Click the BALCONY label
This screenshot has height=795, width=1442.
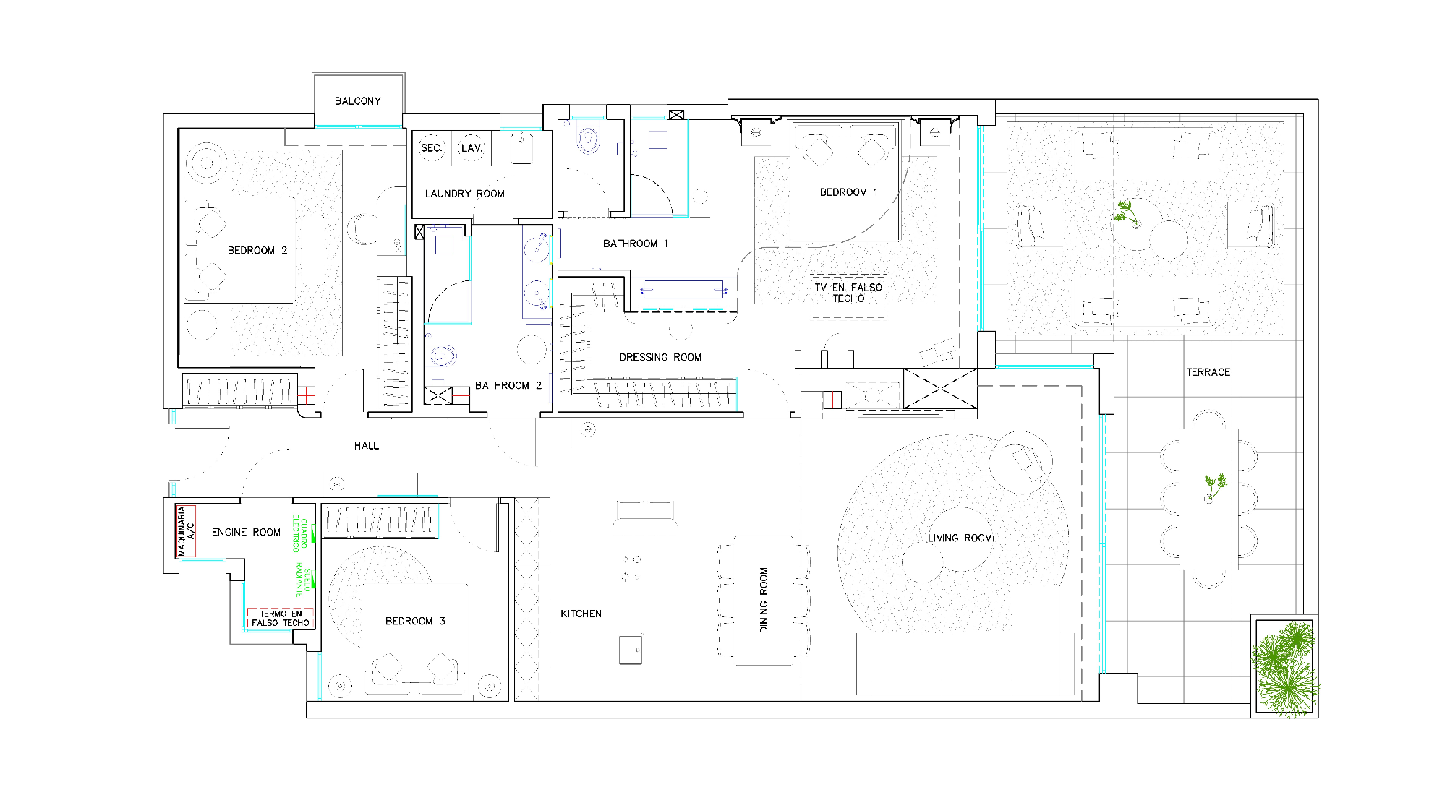357,101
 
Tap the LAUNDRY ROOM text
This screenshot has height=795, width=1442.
464,194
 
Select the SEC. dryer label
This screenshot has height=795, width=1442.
431,148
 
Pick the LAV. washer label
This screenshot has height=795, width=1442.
472,148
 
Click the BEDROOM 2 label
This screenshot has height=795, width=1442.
257,251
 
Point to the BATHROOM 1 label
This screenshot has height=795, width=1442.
636,244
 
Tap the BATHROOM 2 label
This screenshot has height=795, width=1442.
508,385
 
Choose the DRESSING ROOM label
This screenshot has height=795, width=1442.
660,357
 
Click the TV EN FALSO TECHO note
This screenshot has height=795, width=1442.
848,293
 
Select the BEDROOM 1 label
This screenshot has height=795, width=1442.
849,192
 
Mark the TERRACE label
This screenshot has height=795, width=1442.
1208,372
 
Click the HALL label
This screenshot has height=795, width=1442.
367,446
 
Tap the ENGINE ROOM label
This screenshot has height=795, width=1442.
246,533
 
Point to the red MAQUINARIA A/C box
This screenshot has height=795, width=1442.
186,531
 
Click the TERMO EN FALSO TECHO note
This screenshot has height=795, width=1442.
281,618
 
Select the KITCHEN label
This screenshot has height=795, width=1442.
581,614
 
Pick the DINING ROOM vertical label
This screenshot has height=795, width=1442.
764,600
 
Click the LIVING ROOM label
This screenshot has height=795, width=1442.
960,538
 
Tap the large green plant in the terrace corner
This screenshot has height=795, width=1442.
1286,666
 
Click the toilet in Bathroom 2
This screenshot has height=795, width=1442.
440,356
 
